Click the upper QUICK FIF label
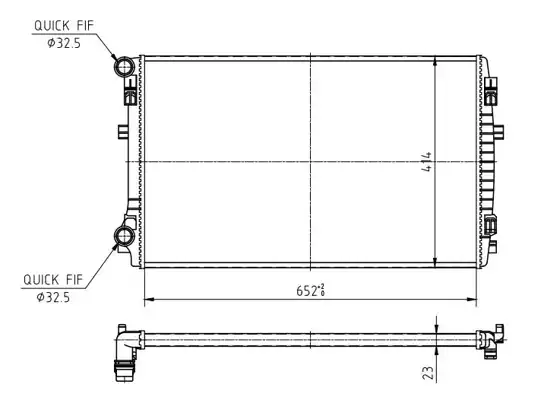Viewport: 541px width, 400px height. (64, 26)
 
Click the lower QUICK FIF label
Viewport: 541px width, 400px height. (53, 280)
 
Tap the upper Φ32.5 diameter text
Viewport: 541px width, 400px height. (64, 43)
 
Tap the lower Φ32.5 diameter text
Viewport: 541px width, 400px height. (53, 297)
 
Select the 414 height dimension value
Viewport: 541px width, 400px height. (426, 162)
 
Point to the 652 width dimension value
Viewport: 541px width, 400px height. (311, 291)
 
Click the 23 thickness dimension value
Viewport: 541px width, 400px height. (428, 373)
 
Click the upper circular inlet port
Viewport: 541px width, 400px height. (124, 66)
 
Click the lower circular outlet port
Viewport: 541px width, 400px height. (124, 236)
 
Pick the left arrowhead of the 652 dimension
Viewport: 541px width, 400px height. (148, 299)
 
